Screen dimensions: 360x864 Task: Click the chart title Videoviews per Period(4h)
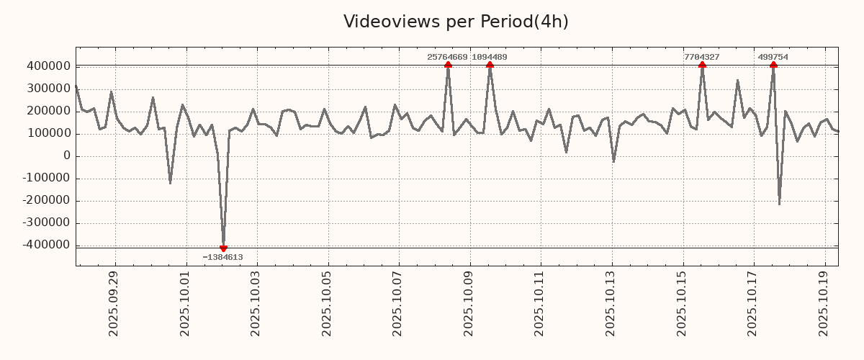456,22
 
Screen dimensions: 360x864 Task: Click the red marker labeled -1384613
223,248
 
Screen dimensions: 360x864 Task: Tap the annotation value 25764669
447,57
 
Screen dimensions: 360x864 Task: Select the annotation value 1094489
490,57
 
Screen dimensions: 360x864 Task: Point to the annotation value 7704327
701,57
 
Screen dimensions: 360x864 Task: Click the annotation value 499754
773,57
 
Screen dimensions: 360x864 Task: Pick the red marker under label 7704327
702,65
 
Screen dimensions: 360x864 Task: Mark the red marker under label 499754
773,65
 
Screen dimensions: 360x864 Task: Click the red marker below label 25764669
448,65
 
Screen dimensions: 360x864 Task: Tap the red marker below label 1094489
490,65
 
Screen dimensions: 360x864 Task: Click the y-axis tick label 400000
48,66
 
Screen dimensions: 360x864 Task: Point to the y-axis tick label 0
66,156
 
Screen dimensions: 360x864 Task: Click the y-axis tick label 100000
48,133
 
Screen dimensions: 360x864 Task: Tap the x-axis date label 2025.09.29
114,303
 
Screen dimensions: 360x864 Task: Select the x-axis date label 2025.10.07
397,303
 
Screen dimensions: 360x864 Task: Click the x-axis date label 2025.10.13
611,303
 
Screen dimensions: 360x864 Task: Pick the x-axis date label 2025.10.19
824,303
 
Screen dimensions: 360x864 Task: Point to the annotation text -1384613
222,257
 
